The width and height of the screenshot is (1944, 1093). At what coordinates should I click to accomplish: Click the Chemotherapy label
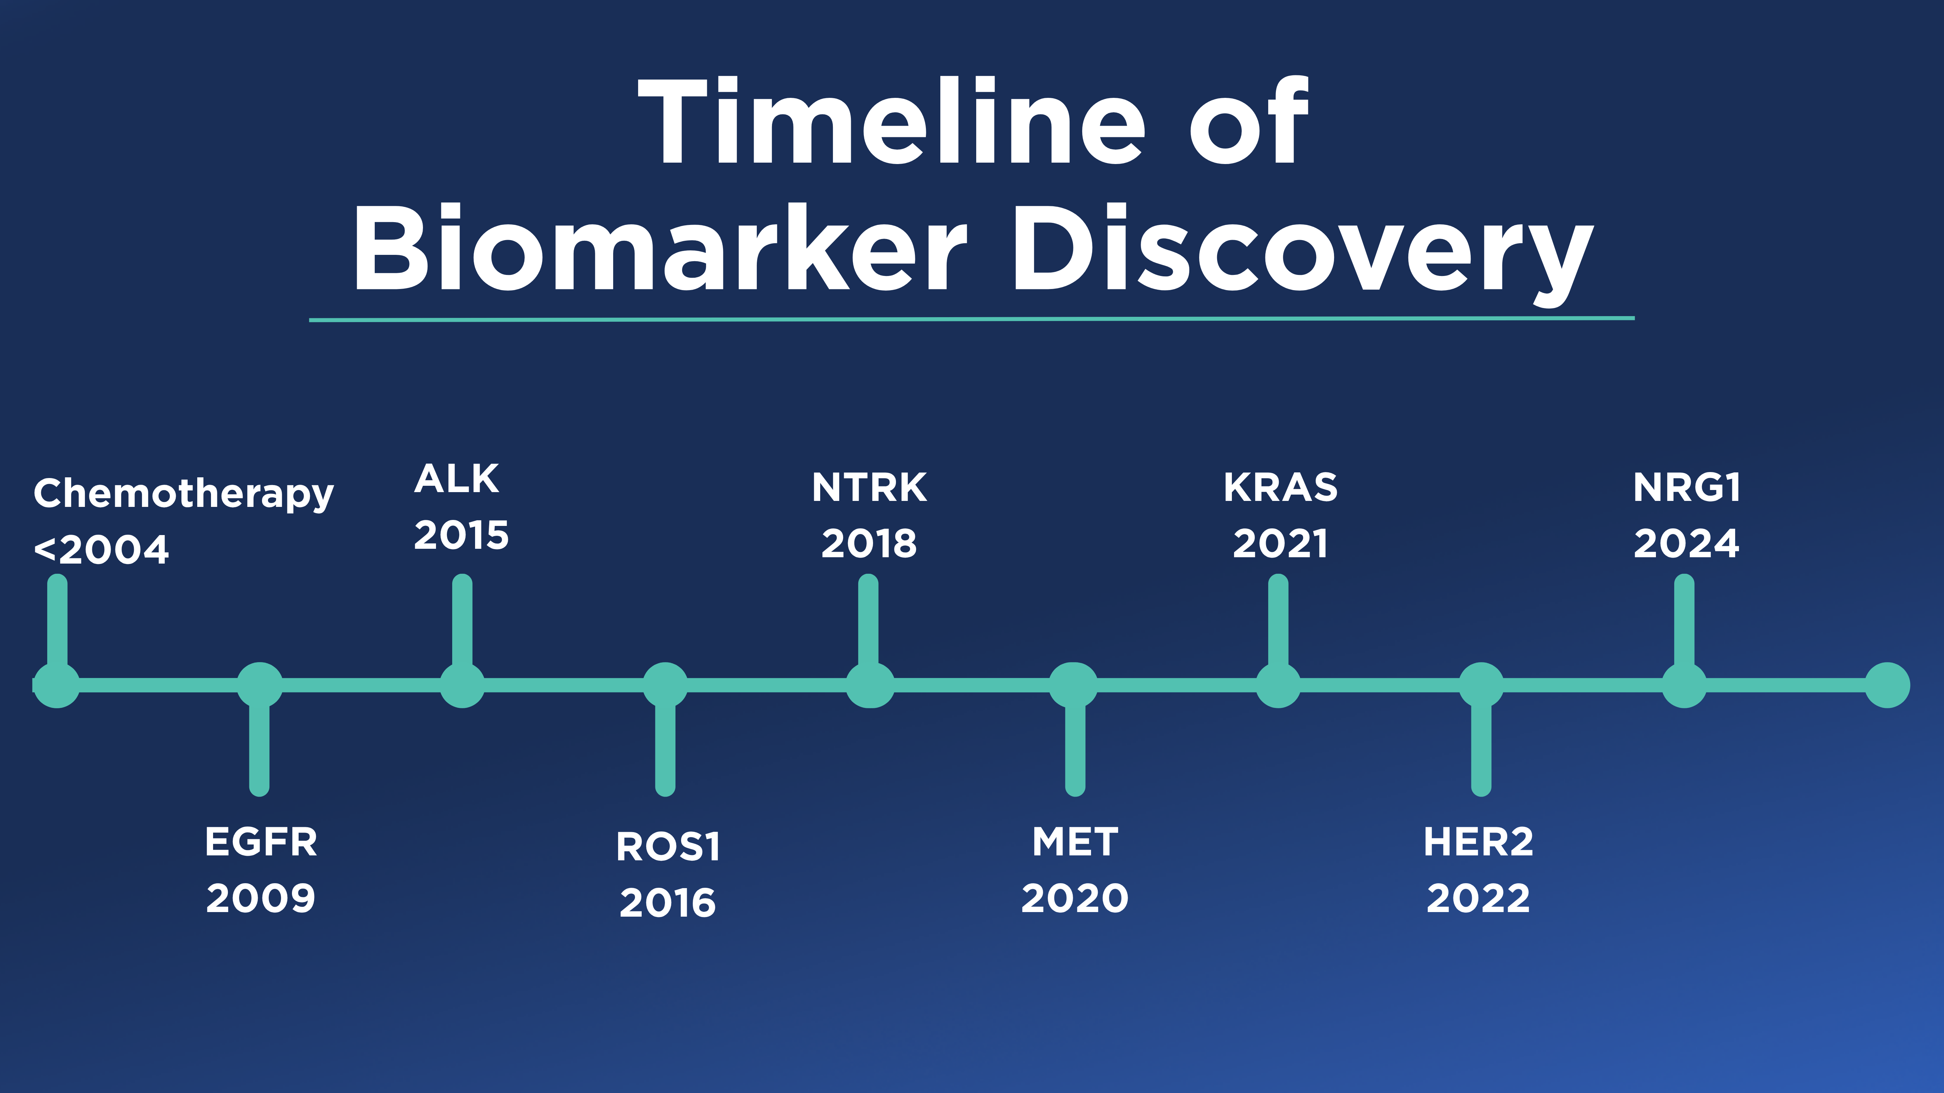[x=183, y=494]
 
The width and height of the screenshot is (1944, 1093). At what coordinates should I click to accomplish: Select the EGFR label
[x=261, y=842]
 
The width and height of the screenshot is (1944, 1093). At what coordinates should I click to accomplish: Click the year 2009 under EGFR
[x=261, y=898]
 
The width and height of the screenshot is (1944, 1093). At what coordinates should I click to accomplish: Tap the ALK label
[x=456, y=479]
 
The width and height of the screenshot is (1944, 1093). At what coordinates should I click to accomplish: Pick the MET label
[x=1074, y=842]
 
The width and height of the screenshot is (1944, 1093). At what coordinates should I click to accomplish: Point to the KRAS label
[x=1280, y=487]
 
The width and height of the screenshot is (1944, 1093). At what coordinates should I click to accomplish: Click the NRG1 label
[x=1687, y=487]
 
